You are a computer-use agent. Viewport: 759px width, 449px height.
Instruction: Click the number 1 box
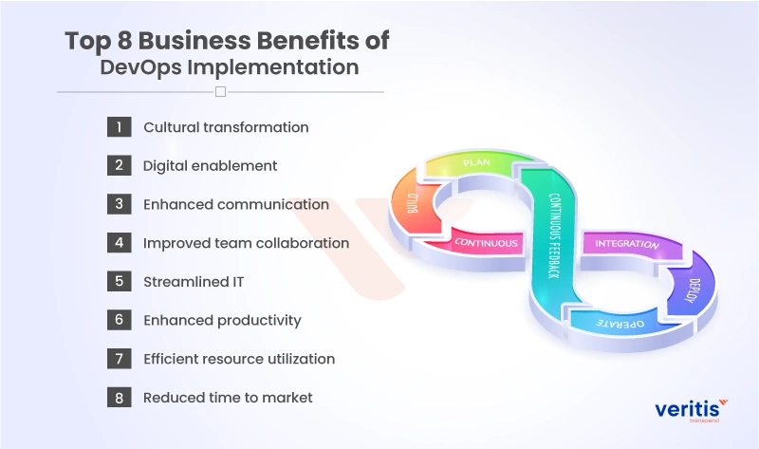point(119,126)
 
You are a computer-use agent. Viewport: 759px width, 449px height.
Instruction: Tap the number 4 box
point(119,243)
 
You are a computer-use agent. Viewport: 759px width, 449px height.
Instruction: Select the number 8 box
point(119,398)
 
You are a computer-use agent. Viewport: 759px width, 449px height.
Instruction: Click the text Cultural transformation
point(226,127)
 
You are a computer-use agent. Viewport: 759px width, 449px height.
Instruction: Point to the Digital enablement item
point(210,166)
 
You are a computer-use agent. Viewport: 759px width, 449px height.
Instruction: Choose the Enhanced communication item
point(235,204)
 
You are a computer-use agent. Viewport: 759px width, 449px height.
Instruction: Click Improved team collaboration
point(246,243)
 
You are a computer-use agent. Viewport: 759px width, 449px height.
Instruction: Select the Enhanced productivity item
point(222,321)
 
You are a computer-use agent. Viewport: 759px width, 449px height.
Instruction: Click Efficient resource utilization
point(239,359)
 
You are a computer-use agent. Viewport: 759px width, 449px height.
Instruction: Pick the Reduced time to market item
point(227,398)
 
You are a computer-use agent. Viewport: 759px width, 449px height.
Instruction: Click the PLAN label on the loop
point(475,163)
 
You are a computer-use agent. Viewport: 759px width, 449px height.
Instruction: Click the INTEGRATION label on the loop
point(626,244)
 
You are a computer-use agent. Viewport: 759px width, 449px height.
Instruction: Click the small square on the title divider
point(220,92)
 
